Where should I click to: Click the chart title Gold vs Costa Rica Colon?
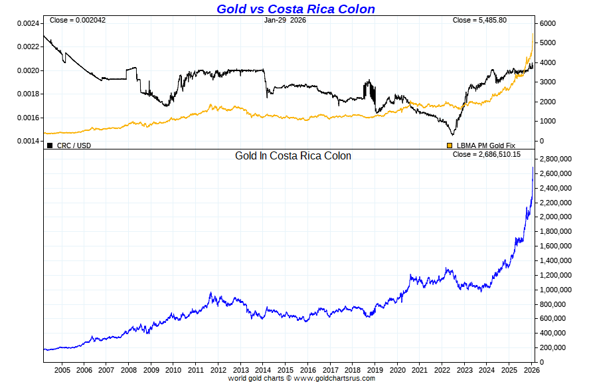click(295, 9)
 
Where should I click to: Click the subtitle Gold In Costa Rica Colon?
click(293, 155)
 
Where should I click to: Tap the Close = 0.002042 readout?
click(78, 20)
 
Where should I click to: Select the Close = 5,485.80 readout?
click(479, 20)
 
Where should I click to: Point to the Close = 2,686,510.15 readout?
click(486, 154)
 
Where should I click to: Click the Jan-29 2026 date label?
click(285, 20)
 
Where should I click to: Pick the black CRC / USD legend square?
click(50, 145)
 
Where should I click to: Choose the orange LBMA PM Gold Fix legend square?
click(450, 145)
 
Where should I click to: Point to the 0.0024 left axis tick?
click(27, 23)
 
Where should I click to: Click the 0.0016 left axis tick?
click(27, 118)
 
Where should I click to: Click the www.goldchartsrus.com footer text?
click(334, 378)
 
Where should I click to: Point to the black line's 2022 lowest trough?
click(453, 135)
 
